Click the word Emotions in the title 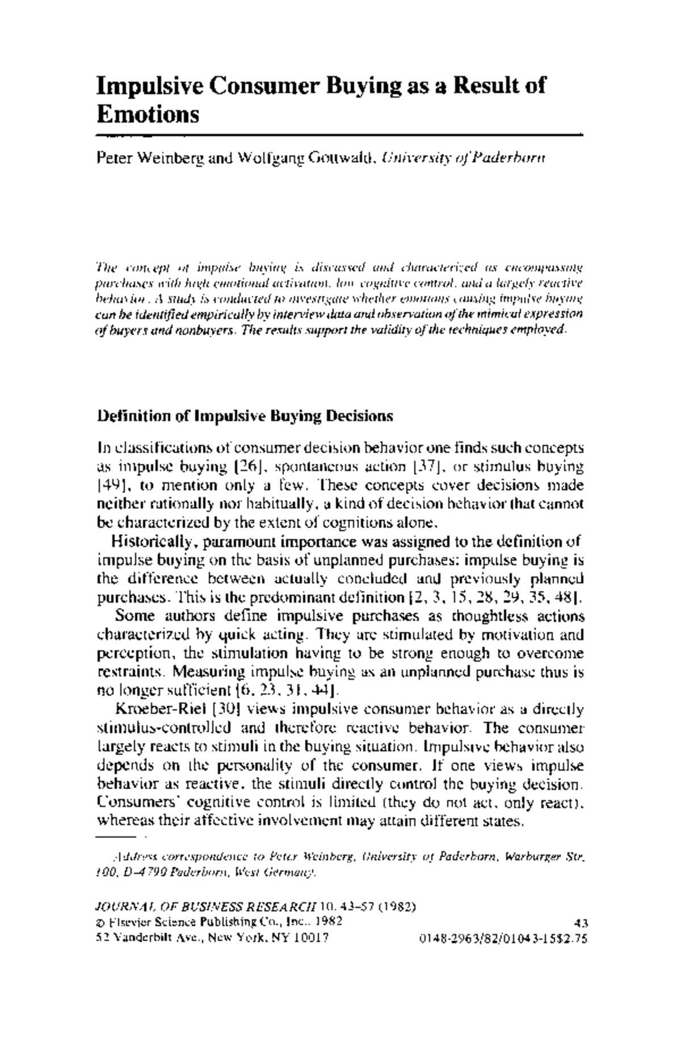pyautogui.click(x=148, y=115)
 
